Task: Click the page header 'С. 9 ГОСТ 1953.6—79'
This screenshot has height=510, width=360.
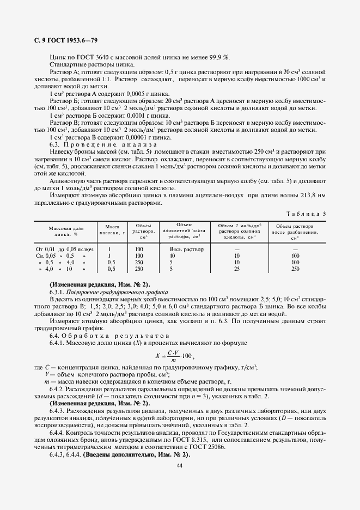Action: (63, 41)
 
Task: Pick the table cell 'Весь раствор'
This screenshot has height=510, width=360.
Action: (186, 248)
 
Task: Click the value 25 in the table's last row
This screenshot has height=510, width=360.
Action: (236, 269)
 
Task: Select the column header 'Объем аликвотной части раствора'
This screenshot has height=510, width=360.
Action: (186, 231)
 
